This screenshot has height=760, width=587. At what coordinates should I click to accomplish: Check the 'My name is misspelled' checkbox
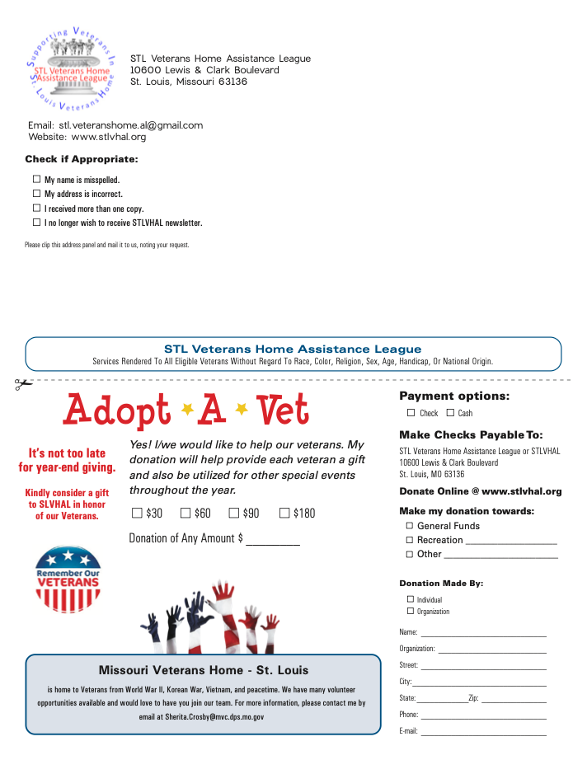(36, 179)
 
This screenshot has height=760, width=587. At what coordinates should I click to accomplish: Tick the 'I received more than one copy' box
(36, 209)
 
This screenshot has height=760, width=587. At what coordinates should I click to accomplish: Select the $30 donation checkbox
(137, 514)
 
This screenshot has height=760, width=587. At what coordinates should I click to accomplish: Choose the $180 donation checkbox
(284, 514)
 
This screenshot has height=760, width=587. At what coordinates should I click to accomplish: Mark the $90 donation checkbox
(233, 514)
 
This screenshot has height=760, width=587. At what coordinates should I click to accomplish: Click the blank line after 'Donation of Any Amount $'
(273, 541)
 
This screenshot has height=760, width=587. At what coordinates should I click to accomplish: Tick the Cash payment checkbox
(450, 413)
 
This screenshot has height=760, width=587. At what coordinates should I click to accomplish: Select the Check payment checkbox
(411, 413)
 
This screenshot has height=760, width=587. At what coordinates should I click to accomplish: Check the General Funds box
(409, 526)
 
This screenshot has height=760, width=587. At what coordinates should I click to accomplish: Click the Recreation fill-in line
(511, 542)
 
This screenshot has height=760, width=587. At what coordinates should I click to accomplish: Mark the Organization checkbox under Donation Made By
(411, 612)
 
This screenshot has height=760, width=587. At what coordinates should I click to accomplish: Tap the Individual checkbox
(411, 600)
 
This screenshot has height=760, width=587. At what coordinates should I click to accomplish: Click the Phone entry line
(483, 716)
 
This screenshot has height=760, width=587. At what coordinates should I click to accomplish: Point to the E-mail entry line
(483, 732)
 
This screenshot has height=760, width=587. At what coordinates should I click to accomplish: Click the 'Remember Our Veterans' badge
(68, 578)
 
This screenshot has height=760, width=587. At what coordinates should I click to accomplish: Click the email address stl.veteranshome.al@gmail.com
(130, 125)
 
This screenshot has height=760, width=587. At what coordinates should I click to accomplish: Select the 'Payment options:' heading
(454, 396)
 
